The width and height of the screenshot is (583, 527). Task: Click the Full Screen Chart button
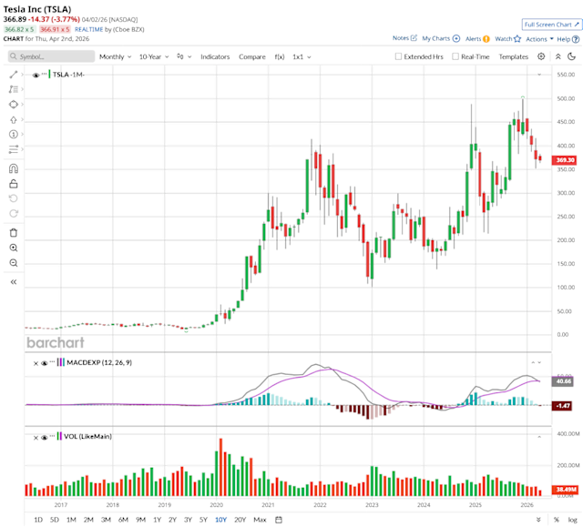coord(552,25)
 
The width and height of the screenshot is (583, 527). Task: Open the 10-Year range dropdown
coord(154,56)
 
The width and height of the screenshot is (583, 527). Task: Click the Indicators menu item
coord(215,56)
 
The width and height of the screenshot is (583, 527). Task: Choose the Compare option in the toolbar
coord(252,56)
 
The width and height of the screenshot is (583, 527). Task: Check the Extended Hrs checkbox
coord(398,56)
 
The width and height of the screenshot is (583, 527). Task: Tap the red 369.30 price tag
coord(567,160)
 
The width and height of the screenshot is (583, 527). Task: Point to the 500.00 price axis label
coord(566,98)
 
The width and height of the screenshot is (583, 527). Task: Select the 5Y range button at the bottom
coord(203,519)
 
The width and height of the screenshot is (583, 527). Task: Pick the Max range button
coord(260,519)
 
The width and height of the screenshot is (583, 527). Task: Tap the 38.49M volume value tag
coord(566,489)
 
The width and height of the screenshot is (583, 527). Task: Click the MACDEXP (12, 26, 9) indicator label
coord(98,362)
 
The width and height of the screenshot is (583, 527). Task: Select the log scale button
coord(571,519)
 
